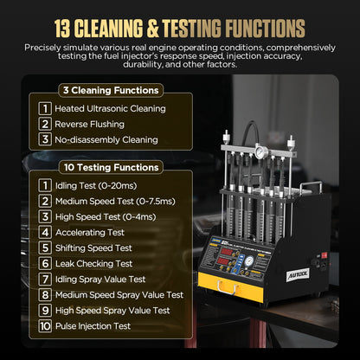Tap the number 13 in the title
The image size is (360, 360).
pos(67,28)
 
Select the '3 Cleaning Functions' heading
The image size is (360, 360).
pos(110,90)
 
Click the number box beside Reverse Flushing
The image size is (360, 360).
pos(44,124)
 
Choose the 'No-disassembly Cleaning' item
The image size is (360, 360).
pos(106,138)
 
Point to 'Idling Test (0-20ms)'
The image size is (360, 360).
pos(100,185)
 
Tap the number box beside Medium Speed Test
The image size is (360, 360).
pos(44,201)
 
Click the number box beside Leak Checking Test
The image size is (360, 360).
pos(44,263)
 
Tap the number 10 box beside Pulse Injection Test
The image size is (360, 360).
pos(44,326)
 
